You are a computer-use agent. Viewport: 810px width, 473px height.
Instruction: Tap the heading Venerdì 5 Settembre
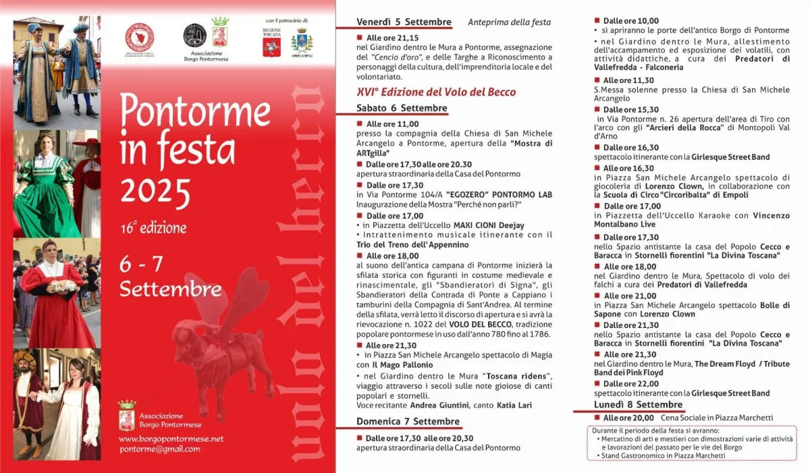404,22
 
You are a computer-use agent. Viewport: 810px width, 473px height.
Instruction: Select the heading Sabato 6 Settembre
402,108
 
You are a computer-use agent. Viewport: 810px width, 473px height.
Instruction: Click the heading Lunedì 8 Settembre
629,404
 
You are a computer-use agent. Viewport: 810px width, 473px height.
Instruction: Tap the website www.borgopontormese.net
171,439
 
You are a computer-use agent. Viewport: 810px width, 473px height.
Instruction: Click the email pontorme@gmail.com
159,449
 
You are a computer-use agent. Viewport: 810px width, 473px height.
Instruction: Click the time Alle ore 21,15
392,38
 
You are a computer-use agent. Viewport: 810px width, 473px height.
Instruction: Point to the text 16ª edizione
153,227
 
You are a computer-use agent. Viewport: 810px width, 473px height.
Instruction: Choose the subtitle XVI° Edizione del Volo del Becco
436,92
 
